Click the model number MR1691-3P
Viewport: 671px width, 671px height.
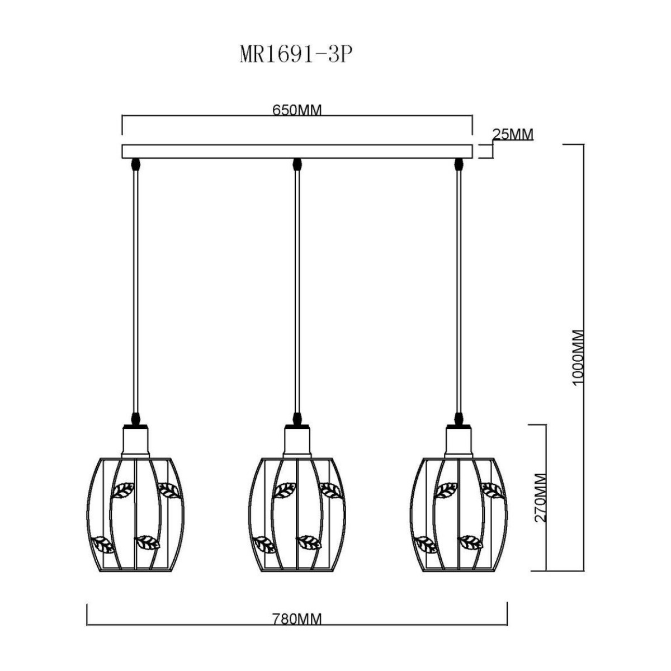(x=294, y=55)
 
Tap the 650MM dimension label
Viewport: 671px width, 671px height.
(x=297, y=110)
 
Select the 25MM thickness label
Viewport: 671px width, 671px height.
(x=513, y=134)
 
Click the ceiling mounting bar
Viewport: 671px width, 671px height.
(x=297, y=152)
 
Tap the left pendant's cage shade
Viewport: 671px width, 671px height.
(x=135, y=515)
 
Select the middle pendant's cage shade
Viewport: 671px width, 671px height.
(x=297, y=515)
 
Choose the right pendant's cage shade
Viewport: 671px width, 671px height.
(x=459, y=515)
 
